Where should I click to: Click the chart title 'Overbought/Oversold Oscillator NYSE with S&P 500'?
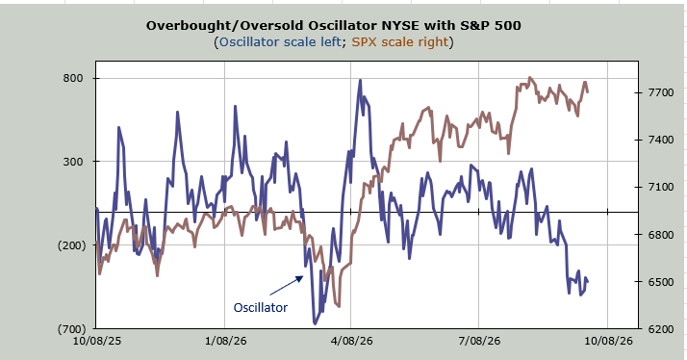[334, 25]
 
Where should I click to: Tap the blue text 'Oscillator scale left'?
[280, 41]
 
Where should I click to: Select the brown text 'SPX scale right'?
[400, 41]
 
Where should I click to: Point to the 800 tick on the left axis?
[73, 78]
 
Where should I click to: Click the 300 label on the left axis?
[73, 162]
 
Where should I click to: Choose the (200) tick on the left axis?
[71, 245]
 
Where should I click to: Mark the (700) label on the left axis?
[71, 329]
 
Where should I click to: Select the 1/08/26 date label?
[225, 341]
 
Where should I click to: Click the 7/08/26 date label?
[479, 341]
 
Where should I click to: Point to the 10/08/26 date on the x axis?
[608, 341]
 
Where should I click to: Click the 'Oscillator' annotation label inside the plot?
[260, 307]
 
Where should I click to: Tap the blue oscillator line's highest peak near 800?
[360, 80]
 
